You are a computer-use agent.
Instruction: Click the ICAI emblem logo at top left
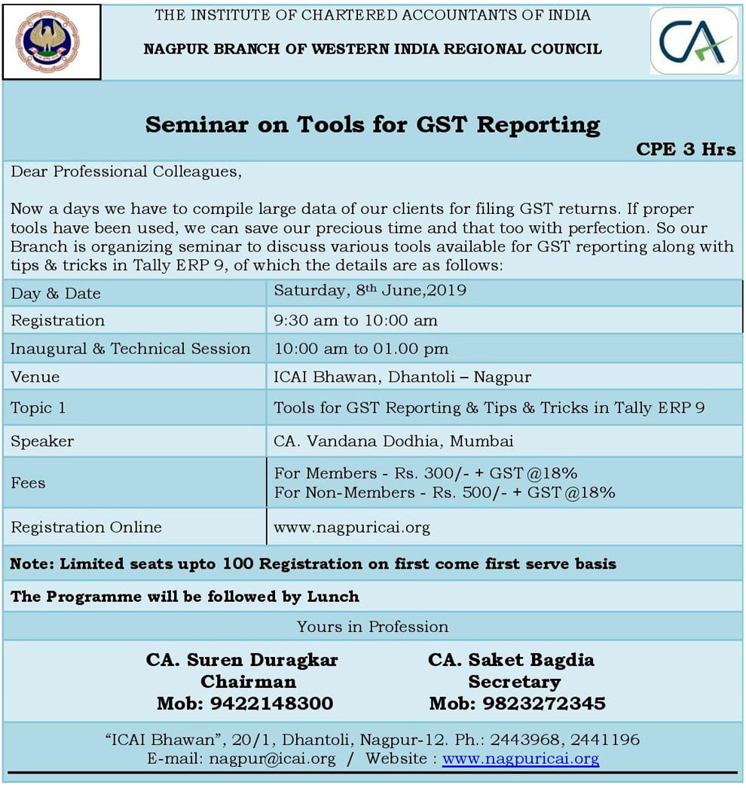coord(52,41)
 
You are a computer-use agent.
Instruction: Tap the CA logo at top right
coord(694,41)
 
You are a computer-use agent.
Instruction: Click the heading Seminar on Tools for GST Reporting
coord(373,124)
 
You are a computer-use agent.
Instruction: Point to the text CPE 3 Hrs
coord(686,148)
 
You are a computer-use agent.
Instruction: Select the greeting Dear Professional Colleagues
coord(126,171)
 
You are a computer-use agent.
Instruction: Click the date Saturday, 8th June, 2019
coord(370,291)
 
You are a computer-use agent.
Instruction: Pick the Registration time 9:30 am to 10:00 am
coord(356,320)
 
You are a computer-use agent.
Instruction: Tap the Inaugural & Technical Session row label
coord(130,348)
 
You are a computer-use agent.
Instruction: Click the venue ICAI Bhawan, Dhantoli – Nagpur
coord(402,377)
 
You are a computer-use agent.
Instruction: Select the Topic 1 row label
coord(38,408)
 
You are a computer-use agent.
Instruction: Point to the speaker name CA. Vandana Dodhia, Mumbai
coord(393,441)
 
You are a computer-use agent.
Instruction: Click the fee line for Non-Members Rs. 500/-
coord(445,493)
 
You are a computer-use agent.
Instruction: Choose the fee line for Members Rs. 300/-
coord(426,473)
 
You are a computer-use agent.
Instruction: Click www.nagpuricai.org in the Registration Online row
coord(352,527)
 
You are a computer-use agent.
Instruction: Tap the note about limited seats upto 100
coord(313,564)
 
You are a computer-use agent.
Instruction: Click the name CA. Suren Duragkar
coord(242,660)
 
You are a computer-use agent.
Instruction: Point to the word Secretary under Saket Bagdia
coord(514,682)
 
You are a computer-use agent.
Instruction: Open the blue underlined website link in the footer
coord(521,759)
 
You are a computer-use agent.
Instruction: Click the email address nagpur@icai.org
coord(272,759)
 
